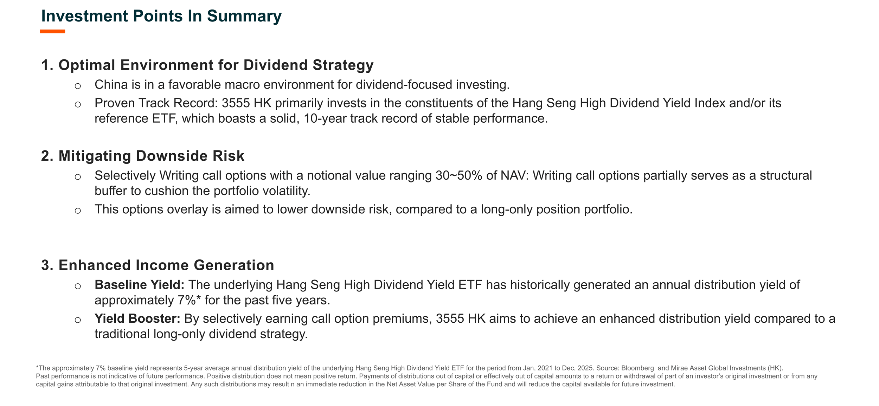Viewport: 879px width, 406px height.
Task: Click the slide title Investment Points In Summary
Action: [161, 16]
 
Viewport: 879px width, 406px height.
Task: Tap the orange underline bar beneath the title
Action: [52, 31]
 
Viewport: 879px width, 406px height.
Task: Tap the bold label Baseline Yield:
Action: [139, 285]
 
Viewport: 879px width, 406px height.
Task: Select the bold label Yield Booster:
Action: [137, 318]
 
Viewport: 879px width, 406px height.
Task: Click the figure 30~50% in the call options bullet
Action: [459, 175]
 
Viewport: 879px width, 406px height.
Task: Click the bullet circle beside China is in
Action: [78, 86]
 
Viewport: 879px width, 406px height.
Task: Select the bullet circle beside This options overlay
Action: [78, 211]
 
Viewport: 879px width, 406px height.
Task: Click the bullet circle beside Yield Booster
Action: [78, 320]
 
